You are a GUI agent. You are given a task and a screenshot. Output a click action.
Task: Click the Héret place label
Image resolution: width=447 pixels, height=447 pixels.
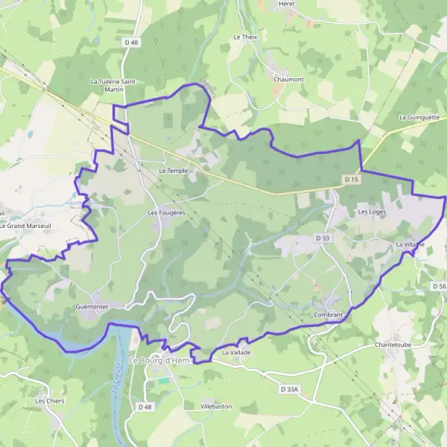pyautogui.click(x=287, y=4)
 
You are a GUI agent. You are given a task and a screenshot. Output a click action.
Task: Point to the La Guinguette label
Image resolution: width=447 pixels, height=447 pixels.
pyautogui.click(x=419, y=117)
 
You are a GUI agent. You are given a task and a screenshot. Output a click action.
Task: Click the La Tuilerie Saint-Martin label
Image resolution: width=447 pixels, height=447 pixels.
pyautogui.click(x=117, y=85)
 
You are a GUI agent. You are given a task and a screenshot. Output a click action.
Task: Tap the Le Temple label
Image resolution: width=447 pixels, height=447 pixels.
pyautogui.click(x=174, y=171)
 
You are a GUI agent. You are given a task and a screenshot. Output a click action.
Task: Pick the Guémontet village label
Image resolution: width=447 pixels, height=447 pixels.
pyautogui.click(x=92, y=306)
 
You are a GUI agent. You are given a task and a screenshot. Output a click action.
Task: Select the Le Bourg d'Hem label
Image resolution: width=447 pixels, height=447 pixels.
pyautogui.click(x=160, y=361)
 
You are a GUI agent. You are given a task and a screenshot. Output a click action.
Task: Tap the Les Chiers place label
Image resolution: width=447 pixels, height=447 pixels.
pyautogui.click(x=50, y=401)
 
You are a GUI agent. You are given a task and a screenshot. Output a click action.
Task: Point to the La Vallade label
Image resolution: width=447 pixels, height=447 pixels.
pyautogui.click(x=237, y=352)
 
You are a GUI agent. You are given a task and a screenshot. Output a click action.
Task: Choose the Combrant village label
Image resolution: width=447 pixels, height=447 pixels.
pyautogui.click(x=329, y=315)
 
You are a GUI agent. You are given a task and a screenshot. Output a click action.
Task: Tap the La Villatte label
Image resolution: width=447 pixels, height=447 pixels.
pyautogui.click(x=410, y=244)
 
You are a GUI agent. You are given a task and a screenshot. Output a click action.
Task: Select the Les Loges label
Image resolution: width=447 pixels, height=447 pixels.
pyautogui.click(x=372, y=212)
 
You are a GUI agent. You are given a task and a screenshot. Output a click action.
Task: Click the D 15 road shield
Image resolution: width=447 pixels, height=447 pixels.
pyautogui.click(x=352, y=180)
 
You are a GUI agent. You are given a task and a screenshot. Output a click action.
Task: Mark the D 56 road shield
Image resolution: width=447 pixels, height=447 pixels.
pyautogui.click(x=439, y=286)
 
